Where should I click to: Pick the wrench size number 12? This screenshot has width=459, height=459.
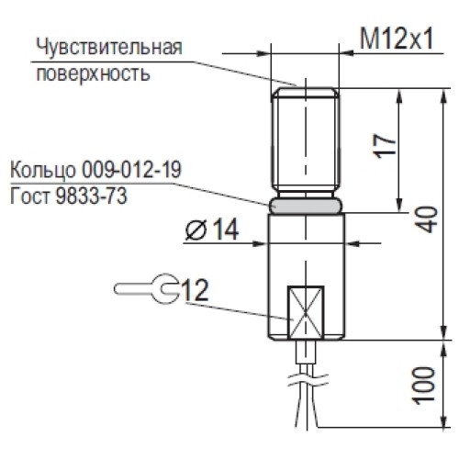coord(195,290)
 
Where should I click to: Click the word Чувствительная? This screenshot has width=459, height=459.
coord(109,47)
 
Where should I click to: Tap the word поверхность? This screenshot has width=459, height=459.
coord(92,73)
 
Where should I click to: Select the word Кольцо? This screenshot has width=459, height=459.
coord(42,171)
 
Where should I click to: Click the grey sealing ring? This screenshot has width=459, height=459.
coord(307,206)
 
